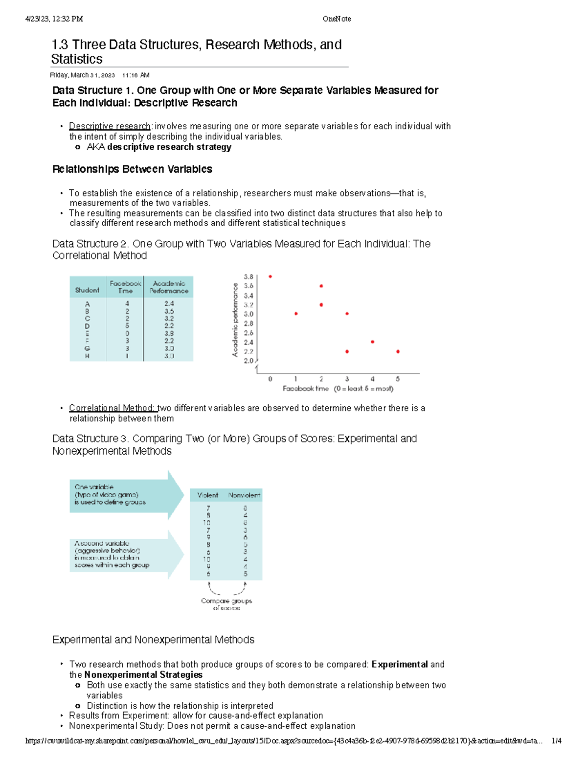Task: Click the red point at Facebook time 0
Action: click(x=270, y=276)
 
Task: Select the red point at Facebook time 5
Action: click(x=398, y=351)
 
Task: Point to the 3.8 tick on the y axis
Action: click(x=248, y=277)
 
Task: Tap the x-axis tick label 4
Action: click(x=372, y=379)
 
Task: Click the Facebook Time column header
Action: click(x=125, y=287)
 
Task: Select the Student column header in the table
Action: click(x=87, y=290)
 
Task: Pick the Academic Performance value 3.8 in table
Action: click(x=169, y=333)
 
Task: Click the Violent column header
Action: click(x=207, y=495)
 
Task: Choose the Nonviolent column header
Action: click(x=244, y=495)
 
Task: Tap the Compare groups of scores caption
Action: click(x=226, y=604)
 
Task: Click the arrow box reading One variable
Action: click(x=117, y=495)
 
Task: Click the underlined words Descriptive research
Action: click(x=110, y=126)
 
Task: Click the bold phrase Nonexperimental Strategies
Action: click(x=143, y=675)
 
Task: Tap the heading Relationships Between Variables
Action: click(x=132, y=169)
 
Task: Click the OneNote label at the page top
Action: click(x=337, y=19)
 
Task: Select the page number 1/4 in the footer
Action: click(x=556, y=741)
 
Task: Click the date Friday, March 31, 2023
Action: click(x=82, y=75)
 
